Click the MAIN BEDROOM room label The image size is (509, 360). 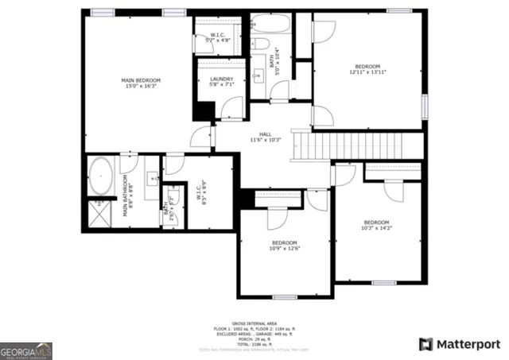pyautogui.click(x=141, y=83)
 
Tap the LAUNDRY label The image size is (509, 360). pyautogui.click(x=221, y=82)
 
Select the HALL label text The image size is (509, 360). pyautogui.click(x=266, y=137)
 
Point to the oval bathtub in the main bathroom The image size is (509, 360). pyautogui.click(x=101, y=176)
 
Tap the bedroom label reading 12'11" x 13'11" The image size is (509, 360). pyautogui.click(x=367, y=69)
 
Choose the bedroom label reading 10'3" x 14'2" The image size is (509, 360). pyautogui.click(x=376, y=225)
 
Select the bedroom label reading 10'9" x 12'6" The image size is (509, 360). pyautogui.click(x=285, y=245)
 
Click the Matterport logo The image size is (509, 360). pyautogui.click(x=459, y=344)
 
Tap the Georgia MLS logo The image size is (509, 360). pyautogui.click(x=25, y=350)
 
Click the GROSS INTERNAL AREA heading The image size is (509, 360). pyautogui.click(x=254, y=323)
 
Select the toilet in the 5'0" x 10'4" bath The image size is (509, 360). pyautogui.click(x=260, y=45)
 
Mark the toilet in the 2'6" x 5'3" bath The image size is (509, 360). pyautogui.click(x=170, y=196)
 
